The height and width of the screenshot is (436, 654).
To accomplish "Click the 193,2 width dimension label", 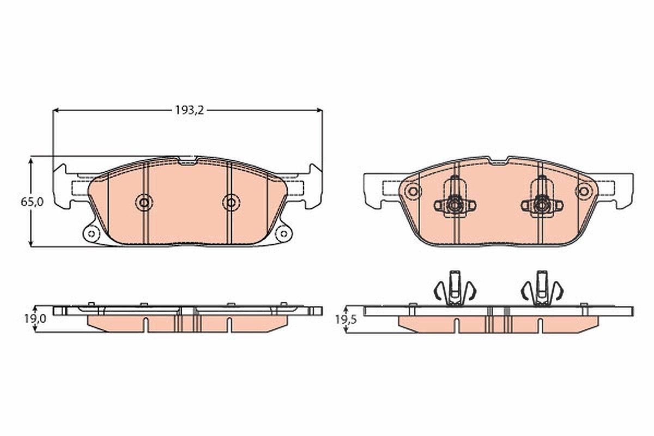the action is pyautogui.click(x=189, y=111).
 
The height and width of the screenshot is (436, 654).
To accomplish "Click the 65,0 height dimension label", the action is pyautogui.click(x=32, y=202).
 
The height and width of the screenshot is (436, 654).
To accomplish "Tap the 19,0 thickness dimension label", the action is pyautogui.click(x=35, y=319).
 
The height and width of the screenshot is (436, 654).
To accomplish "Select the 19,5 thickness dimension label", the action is pyautogui.click(x=346, y=320).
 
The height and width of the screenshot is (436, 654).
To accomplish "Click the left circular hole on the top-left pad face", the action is pyautogui.click(x=144, y=202).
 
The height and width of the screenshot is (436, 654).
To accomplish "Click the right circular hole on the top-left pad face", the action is pyautogui.click(x=231, y=202).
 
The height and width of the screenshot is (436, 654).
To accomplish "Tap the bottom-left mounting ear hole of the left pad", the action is pyautogui.click(x=92, y=234).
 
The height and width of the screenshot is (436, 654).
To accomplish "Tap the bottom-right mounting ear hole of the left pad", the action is pyautogui.click(x=283, y=234).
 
